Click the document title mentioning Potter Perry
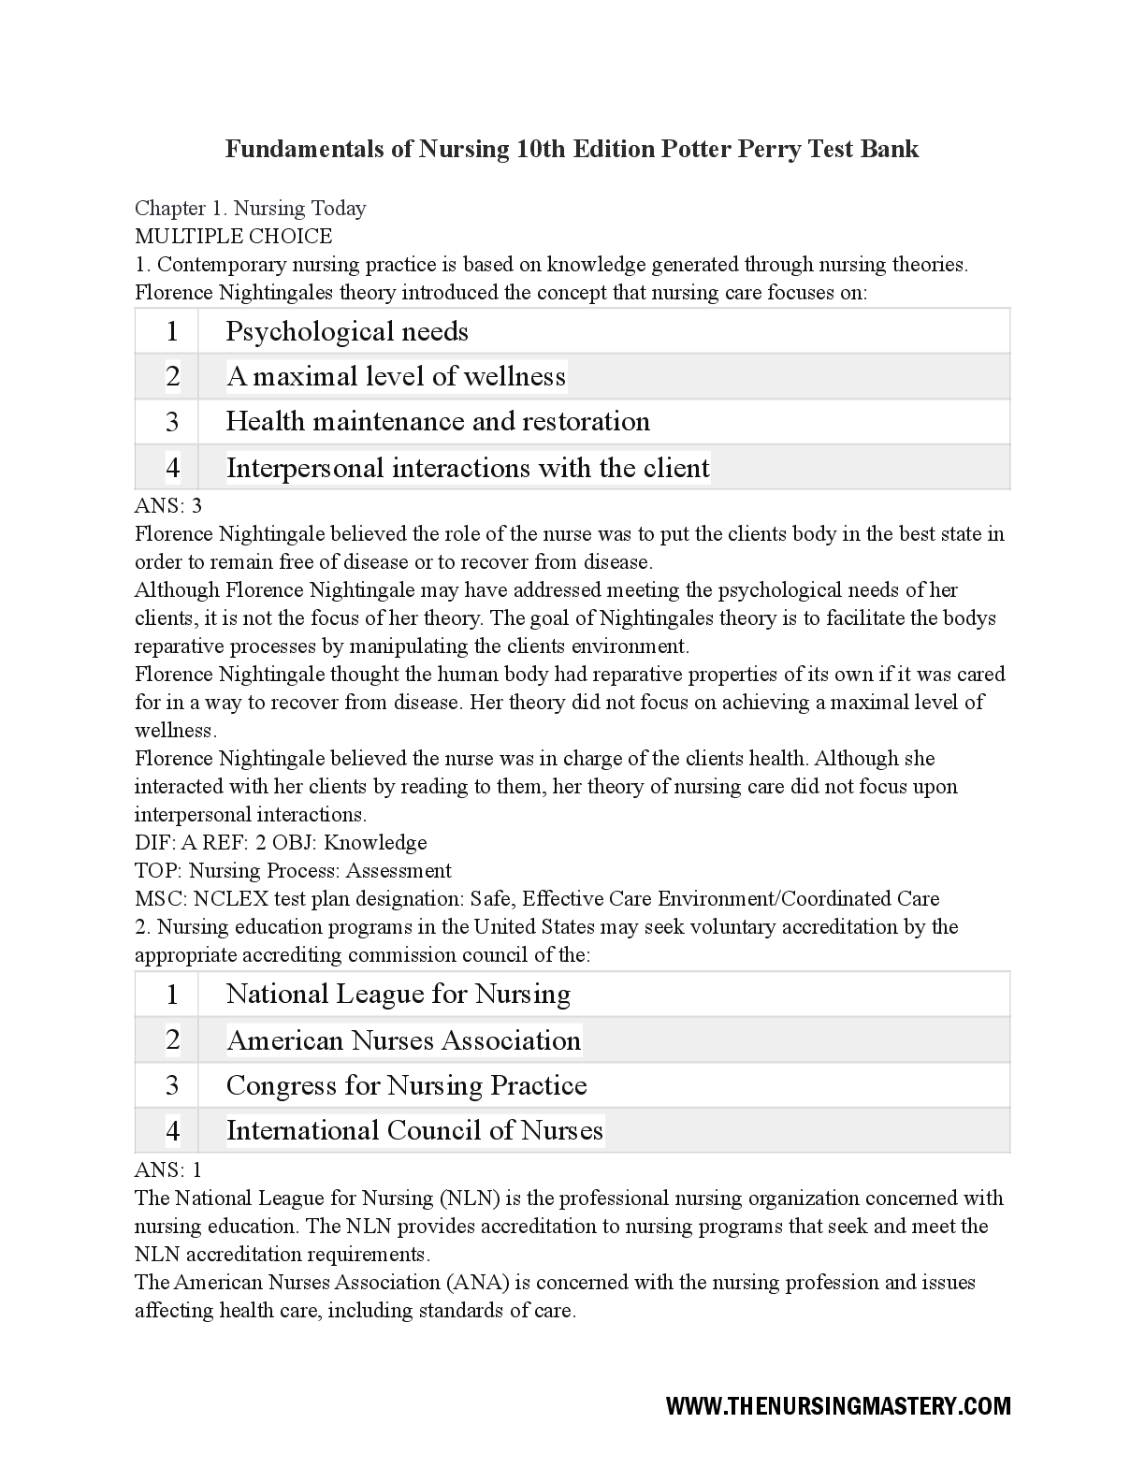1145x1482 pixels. click(572, 149)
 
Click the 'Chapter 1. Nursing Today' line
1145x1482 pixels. click(251, 208)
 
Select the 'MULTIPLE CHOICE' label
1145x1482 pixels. click(233, 236)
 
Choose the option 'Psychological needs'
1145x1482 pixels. click(347, 331)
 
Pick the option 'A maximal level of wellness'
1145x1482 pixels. click(396, 376)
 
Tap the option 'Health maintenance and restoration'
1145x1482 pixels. click(438, 421)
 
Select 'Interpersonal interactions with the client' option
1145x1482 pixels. click(468, 467)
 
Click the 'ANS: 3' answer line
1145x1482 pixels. click(168, 506)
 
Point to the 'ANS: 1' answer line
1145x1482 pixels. click(168, 1170)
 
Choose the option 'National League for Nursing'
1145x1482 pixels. click(399, 994)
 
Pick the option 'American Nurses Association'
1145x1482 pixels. click(403, 1040)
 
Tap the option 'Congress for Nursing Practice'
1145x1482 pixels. click(407, 1085)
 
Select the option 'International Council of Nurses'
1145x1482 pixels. click(414, 1130)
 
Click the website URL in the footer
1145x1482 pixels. click(838, 1405)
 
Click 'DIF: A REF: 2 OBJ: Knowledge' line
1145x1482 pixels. click(281, 842)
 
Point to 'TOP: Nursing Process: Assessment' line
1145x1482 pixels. click(293, 870)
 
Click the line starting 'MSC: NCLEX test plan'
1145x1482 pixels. click(537, 898)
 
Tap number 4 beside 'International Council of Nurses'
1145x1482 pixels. click(172, 1131)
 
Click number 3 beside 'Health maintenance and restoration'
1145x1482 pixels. click(172, 422)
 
